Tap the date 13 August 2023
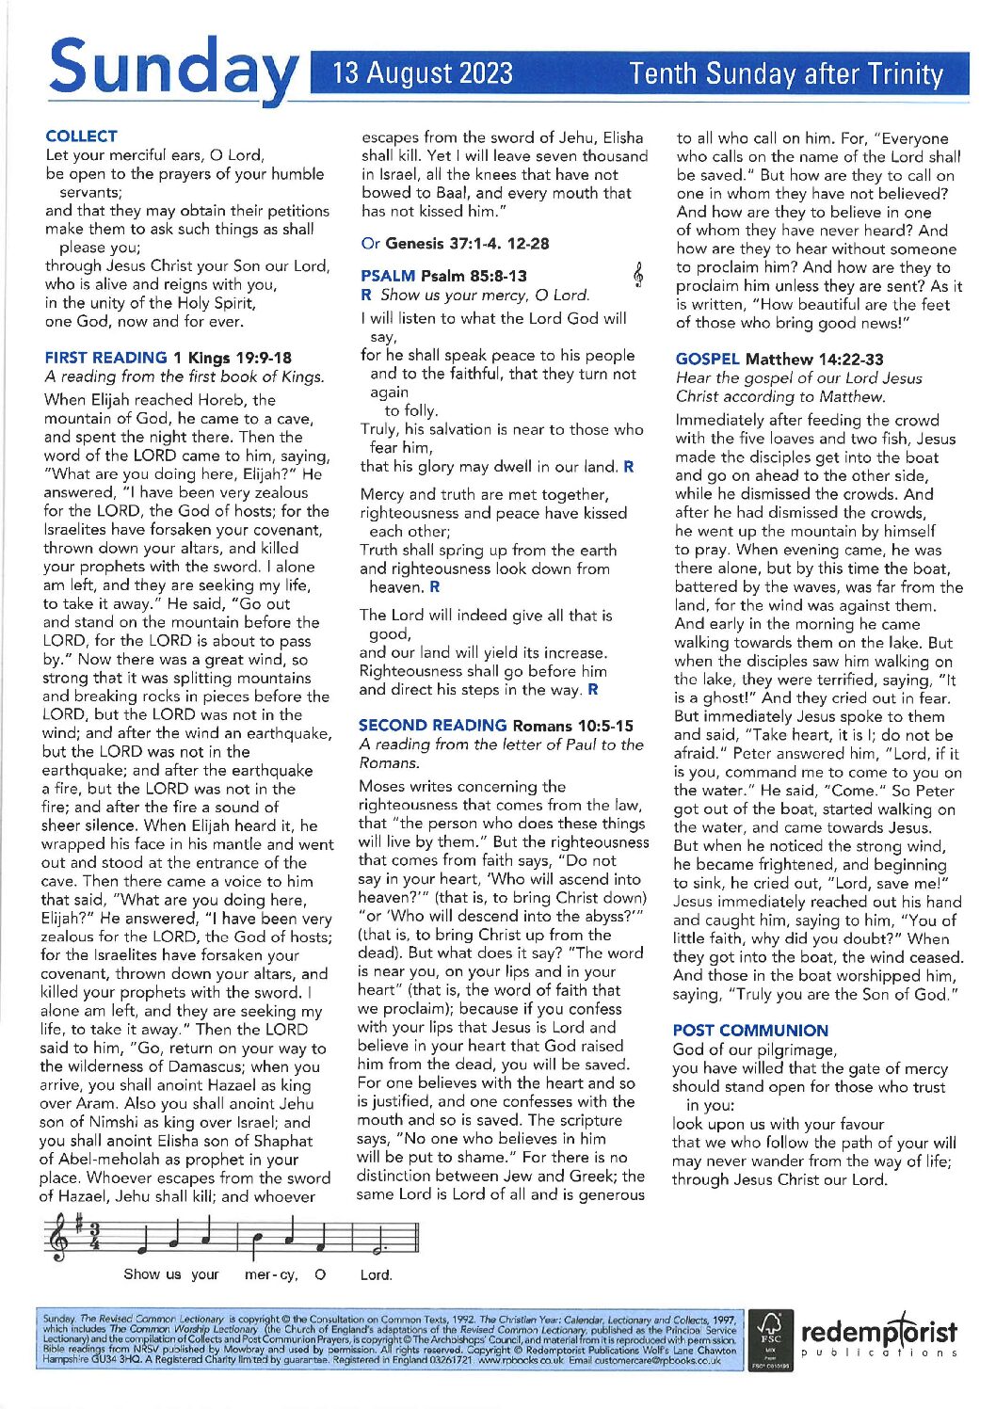click(x=423, y=73)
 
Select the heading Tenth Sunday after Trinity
click(x=786, y=73)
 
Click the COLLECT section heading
click(x=81, y=136)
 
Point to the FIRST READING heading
click(x=105, y=358)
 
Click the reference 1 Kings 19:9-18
click(x=233, y=358)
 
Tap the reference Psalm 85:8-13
click(x=474, y=276)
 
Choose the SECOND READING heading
click(x=432, y=726)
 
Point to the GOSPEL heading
click(x=707, y=359)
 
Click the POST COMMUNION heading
click(x=750, y=1031)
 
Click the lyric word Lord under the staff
click(x=376, y=1275)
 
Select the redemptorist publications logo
click(x=878, y=1337)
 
